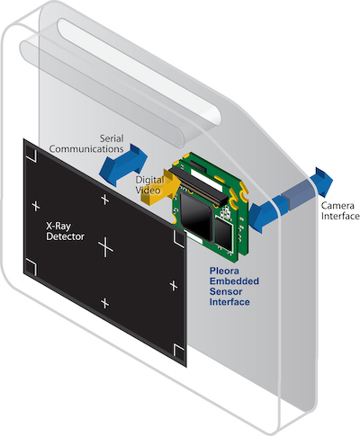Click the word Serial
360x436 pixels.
pos(112,138)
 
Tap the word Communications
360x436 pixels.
pos(86,149)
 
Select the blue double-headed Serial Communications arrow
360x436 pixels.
pos(123,165)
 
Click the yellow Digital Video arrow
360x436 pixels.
pos(161,187)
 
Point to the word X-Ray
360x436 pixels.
pos(58,226)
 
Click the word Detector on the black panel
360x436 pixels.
pos(65,236)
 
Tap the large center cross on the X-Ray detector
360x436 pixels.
pos(105,246)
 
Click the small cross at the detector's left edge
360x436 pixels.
pos(36,206)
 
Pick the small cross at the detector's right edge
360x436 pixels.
pos(174,286)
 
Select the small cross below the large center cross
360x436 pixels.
pos(104,303)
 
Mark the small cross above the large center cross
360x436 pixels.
pos(104,200)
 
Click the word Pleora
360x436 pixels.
pos(224,271)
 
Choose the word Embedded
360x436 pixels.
pos(234,281)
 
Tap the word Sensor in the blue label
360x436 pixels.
pos(226,291)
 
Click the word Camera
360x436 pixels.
pos(337,206)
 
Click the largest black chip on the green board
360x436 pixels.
pos(196,213)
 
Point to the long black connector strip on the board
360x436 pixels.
pos(198,187)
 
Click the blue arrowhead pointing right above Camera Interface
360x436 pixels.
pos(322,182)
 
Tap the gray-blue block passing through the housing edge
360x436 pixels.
pos(299,198)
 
